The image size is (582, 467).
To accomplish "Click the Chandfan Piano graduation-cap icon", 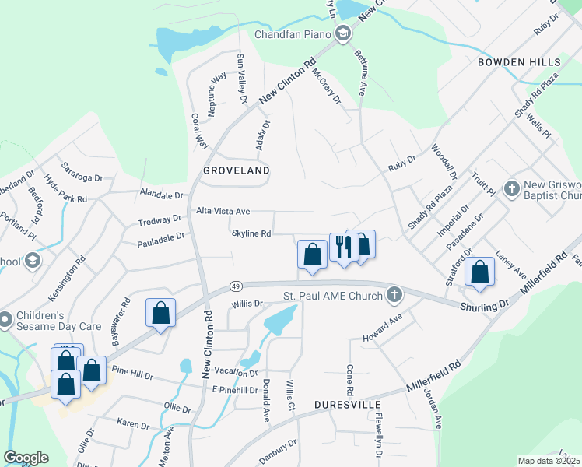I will tap(342, 33).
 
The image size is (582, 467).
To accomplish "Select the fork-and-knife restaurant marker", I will tap(343, 248).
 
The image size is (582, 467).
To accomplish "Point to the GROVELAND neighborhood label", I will tap(237, 170).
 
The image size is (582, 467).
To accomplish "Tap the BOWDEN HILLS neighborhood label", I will tap(519, 61).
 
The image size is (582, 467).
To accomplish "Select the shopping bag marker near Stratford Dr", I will tap(480, 272).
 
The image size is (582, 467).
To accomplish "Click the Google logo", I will tap(25, 458).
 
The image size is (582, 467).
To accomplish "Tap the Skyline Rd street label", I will tap(251, 233).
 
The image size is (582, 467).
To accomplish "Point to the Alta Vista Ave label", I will tap(223, 211).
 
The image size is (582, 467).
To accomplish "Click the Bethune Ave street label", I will tap(361, 75).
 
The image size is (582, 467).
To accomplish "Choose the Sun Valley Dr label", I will tap(241, 79).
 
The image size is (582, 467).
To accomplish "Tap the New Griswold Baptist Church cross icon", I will tap(511, 188).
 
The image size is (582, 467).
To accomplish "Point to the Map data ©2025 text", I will tap(549, 461).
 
